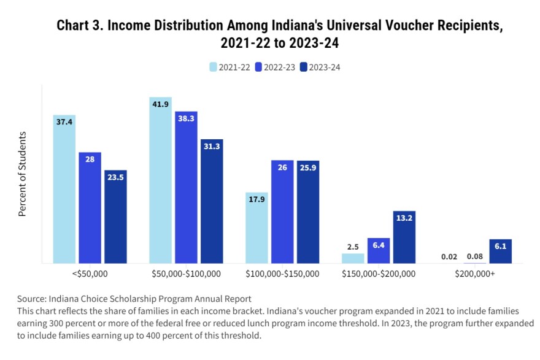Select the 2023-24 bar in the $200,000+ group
click(x=500, y=251)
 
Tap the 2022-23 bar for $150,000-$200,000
click(x=379, y=251)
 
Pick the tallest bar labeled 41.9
click(x=160, y=180)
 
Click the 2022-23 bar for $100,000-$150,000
click(x=282, y=212)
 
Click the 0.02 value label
click(x=449, y=256)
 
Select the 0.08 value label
click(x=475, y=256)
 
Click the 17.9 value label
click(x=256, y=199)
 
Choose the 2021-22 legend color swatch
click(x=213, y=67)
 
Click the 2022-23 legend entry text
click(x=279, y=67)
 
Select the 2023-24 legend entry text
click(x=324, y=67)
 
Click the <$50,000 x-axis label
click(x=90, y=273)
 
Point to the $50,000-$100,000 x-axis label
click(x=186, y=273)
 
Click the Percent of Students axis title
click(x=23, y=174)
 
